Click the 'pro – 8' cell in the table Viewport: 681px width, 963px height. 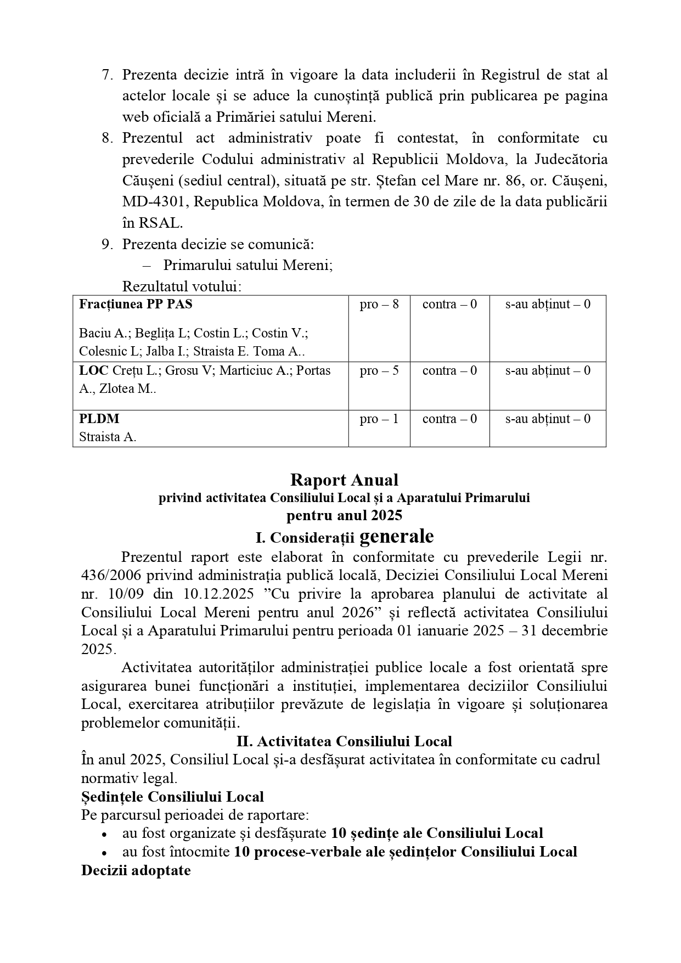(x=379, y=304)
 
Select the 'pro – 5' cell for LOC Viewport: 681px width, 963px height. (x=379, y=370)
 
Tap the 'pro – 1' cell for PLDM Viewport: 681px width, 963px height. (x=379, y=419)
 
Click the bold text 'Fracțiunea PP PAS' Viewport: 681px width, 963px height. (x=136, y=304)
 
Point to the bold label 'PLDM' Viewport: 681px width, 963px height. (x=99, y=419)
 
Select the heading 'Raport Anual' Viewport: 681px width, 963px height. (x=344, y=480)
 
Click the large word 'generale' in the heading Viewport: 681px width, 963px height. (x=397, y=536)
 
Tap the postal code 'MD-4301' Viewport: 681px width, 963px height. (x=155, y=201)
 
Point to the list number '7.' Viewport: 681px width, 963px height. (x=107, y=75)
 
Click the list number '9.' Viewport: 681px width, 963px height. (x=107, y=244)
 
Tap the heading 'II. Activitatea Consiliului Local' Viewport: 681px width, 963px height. (x=344, y=741)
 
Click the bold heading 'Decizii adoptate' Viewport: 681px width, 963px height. (x=136, y=870)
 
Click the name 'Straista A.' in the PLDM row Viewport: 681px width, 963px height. (x=108, y=437)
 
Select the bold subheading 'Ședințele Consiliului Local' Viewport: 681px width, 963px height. (x=172, y=797)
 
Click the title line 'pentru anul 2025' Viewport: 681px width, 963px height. (x=344, y=515)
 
